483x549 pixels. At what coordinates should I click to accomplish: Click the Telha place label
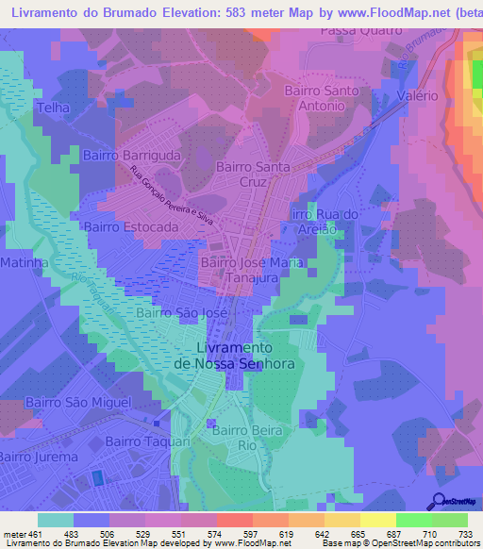click(x=54, y=108)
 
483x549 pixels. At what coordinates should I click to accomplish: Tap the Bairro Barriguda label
click(x=131, y=156)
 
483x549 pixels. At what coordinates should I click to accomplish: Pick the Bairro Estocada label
click(x=130, y=227)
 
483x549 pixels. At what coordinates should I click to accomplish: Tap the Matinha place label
click(x=24, y=261)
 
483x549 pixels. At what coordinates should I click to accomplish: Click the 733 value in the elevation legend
click(x=464, y=534)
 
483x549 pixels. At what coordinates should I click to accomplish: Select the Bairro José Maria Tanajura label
click(x=251, y=270)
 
